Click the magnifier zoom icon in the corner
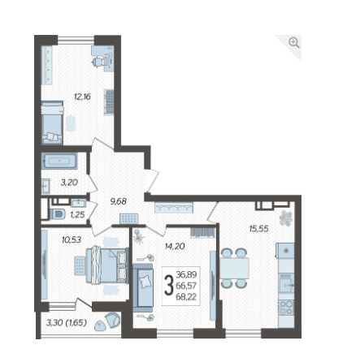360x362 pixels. point(294,43)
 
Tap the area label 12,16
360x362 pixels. point(82,97)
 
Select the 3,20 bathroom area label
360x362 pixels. point(69,183)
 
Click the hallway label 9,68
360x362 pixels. point(119,201)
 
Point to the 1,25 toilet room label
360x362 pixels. point(77,215)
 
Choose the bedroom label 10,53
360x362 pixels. point(72,239)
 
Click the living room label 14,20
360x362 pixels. point(175,246)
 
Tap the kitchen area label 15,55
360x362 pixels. point(258,229)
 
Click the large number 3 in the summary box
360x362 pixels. point(169,285)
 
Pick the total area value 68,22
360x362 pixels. point(186,297)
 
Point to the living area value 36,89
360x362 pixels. point(186,274)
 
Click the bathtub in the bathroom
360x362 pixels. point(59,161)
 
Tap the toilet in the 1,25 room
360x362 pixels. point(58,214)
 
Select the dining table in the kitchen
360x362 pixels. point(234,268)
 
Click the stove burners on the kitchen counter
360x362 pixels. point(286,308)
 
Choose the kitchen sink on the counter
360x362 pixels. point(286,283)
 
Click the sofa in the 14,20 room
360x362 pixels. point(143,288)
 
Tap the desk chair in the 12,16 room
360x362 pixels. point(98,62)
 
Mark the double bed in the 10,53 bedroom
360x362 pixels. point(107,265)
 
